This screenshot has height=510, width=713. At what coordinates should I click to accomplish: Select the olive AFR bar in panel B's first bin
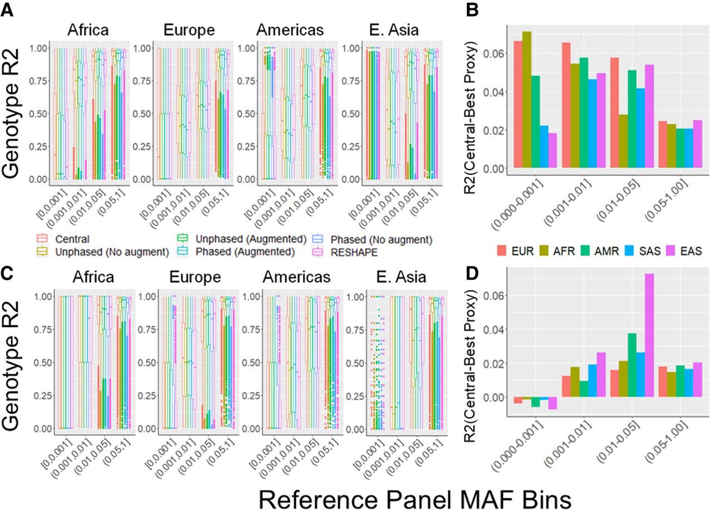[x=527, y=100]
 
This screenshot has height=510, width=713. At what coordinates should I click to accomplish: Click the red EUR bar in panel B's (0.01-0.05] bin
[x=615, y=112]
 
